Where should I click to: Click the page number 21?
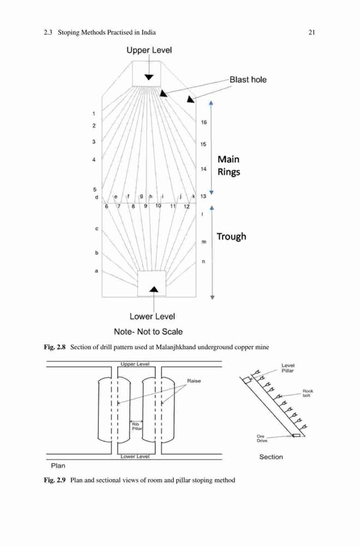pyautogui.click(x=311, y=32)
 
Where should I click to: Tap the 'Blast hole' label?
pyautogui.click(x=248, y=80)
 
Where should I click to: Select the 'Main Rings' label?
pyautogui.click(x=228, y=165)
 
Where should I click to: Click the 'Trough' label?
pyautogui.click(x=232, y=236)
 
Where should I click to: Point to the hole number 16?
pyautogui.click(x=204, y=122)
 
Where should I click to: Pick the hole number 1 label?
pyautogui.click(x=94, y=114)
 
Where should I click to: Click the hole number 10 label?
pyautogui.click(x=158, y=206)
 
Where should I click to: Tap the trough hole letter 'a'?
pyautogui.click(x=97, y=271)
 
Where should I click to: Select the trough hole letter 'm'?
pyautogui.click(x=204, y=242)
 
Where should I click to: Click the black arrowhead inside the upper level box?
pyautogui.click(x=149, y=77)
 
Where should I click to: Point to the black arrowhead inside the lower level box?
pyautogui.click(x=154, y=289)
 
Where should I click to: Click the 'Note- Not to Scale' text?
pyautogui.click(x=148, y=331)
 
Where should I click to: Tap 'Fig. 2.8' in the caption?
pyautogui.click(x=55, y=347)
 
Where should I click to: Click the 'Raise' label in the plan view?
pyautogui.click(x=194, y=381)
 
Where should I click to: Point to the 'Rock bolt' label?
pyautogui.click(x=308, y=393)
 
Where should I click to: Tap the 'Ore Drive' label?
pyautogui.click(x=262, y=438)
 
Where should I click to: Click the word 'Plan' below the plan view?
pyautogui.click(x=58, y=466)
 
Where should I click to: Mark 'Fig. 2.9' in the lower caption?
pyautogui.click(x=55, y=480)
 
